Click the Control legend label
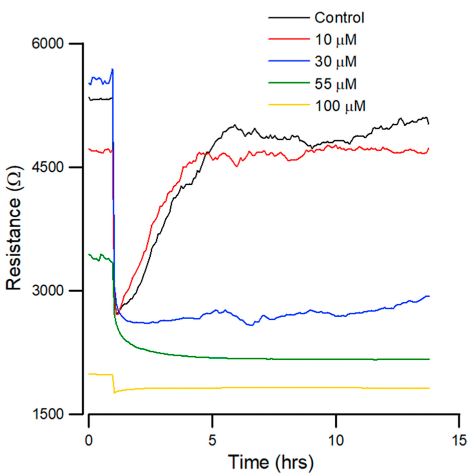tap(339, 18)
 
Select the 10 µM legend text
tap(335, 40)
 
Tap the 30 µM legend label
tap(335, 61)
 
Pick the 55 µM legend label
tap(335, 84)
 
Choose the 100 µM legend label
tap(340, 106)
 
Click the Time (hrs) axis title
tap(271, 462)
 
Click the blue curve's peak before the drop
tap(113, 69)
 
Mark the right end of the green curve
tap(429, 359)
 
